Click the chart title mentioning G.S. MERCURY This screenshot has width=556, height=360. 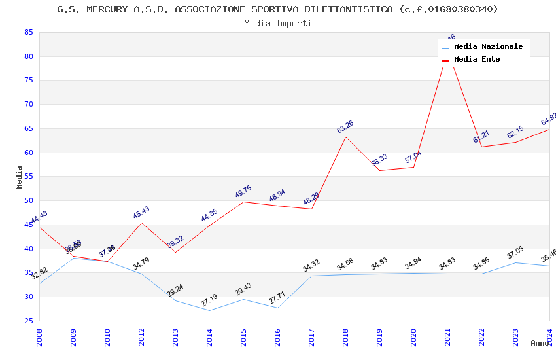click(x=277, y=9)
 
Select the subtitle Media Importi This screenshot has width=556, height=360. click(x=277, y=23)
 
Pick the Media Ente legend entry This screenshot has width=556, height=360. click(x=477, y=60)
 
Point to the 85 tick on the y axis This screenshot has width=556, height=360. click(x=28, y=32)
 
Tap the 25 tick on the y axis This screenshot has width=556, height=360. click(x=28, y=321)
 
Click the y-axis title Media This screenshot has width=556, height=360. click(x=20, y=177)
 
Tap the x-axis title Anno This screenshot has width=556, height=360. click(x=540, y=343)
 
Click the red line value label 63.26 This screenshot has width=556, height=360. click(x=345, y=127)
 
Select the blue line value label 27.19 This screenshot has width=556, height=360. click(x=209, y=300)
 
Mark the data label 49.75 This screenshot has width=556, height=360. click(x=243, y=192)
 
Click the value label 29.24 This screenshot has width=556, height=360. click(x=175, y=291)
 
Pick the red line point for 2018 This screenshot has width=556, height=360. click(x=346, y=137)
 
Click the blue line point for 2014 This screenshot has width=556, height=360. click(x=210, y=310)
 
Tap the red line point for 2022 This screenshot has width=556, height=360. click(x=482, y=147)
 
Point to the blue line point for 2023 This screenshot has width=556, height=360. click(x=516, y=262)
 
